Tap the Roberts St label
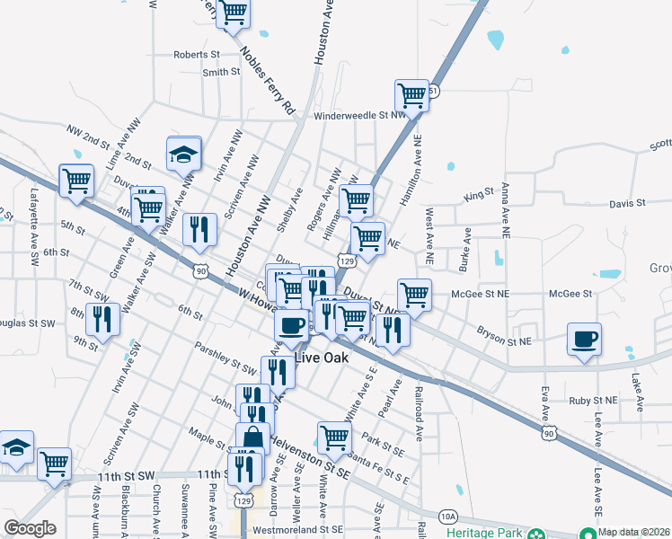click(196, 55)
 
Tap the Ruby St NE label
click(593, 400)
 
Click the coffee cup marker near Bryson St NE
click(584, 340)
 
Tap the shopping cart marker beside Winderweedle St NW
click(411, 94)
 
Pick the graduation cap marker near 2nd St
click(183, 153)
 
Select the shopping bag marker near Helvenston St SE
click(252, 438)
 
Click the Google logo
click(30, 528)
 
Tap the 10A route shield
click(449, 516)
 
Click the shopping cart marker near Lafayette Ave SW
click(76, 180)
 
